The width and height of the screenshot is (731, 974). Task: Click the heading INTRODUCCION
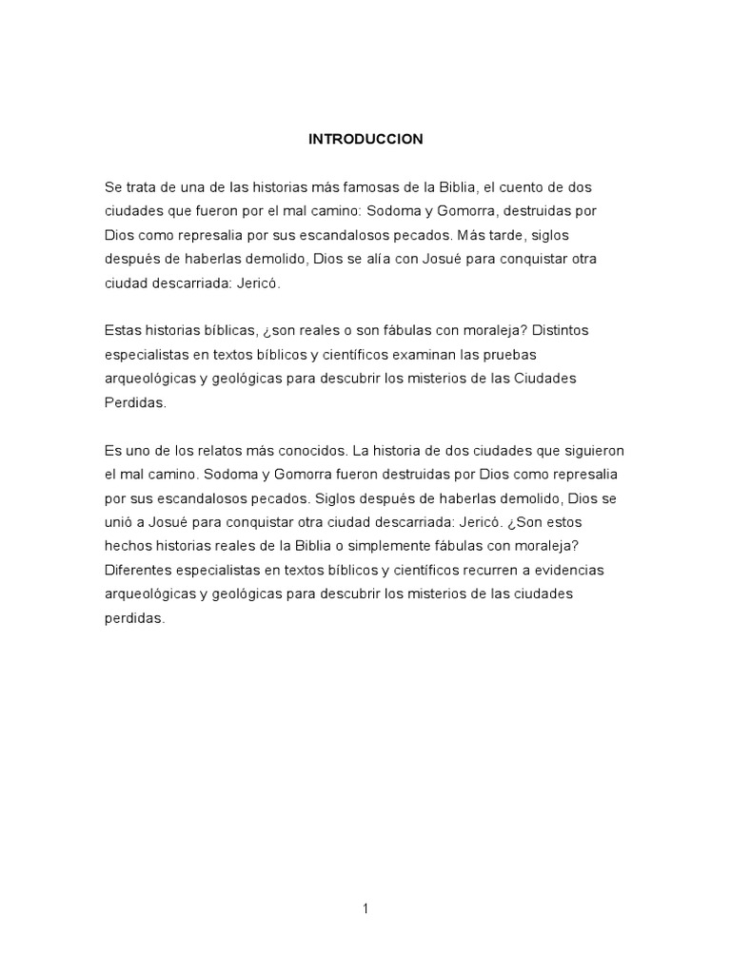(365, 139)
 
